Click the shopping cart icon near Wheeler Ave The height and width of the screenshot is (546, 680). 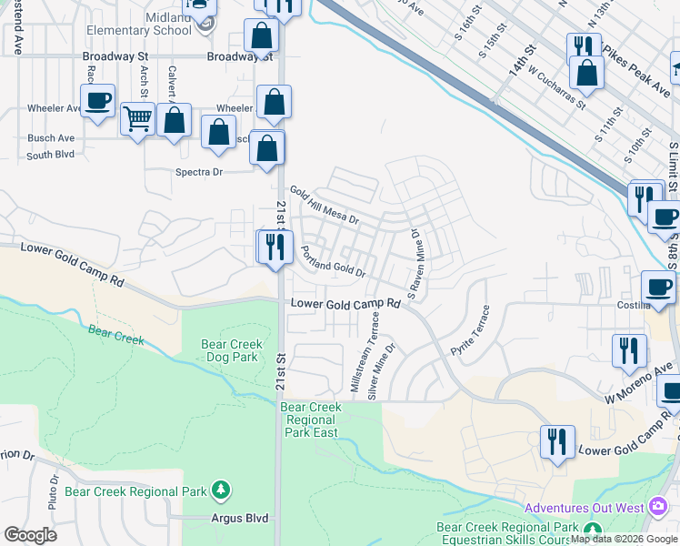coord(136,118)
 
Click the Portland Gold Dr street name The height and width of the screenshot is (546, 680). coord(333,261)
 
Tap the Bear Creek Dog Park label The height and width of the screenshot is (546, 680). coord(232,351)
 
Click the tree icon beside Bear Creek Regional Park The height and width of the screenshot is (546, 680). coord(220,491)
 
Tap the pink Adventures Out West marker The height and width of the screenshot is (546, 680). coord(659,506)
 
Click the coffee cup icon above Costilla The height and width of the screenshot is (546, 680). coord(657,287)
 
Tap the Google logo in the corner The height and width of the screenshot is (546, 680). coord(30,535)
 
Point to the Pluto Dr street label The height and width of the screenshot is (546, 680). coord(55,489)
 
